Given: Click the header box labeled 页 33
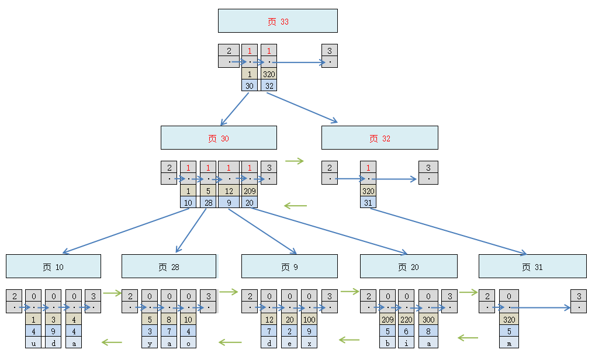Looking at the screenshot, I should pos(278,20).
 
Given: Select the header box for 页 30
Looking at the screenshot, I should pos(219,137).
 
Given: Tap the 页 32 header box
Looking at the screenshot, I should pos(379,137).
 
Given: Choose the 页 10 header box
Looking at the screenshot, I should pos(53,266).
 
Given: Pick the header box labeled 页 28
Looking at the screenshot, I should pos(169,266).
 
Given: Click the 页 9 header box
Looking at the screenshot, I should pos(289,266).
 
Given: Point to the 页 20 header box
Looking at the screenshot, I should pos(409,266).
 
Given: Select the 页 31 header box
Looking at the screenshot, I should pos(532,266).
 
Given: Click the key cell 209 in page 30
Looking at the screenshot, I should pos(250,191).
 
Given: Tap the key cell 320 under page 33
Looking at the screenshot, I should pos(269,74).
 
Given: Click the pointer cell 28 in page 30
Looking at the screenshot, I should pos(208,202).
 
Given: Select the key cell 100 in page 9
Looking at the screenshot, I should pos(309,320).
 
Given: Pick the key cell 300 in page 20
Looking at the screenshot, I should pos(428,320).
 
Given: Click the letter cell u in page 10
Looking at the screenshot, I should pos(33,343).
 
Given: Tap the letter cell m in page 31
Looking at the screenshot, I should pos(508,343).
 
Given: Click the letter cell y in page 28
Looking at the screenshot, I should pos(150,343).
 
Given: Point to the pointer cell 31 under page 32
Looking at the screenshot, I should pos(368,202).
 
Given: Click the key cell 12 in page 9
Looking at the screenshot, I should pos(269,320).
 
